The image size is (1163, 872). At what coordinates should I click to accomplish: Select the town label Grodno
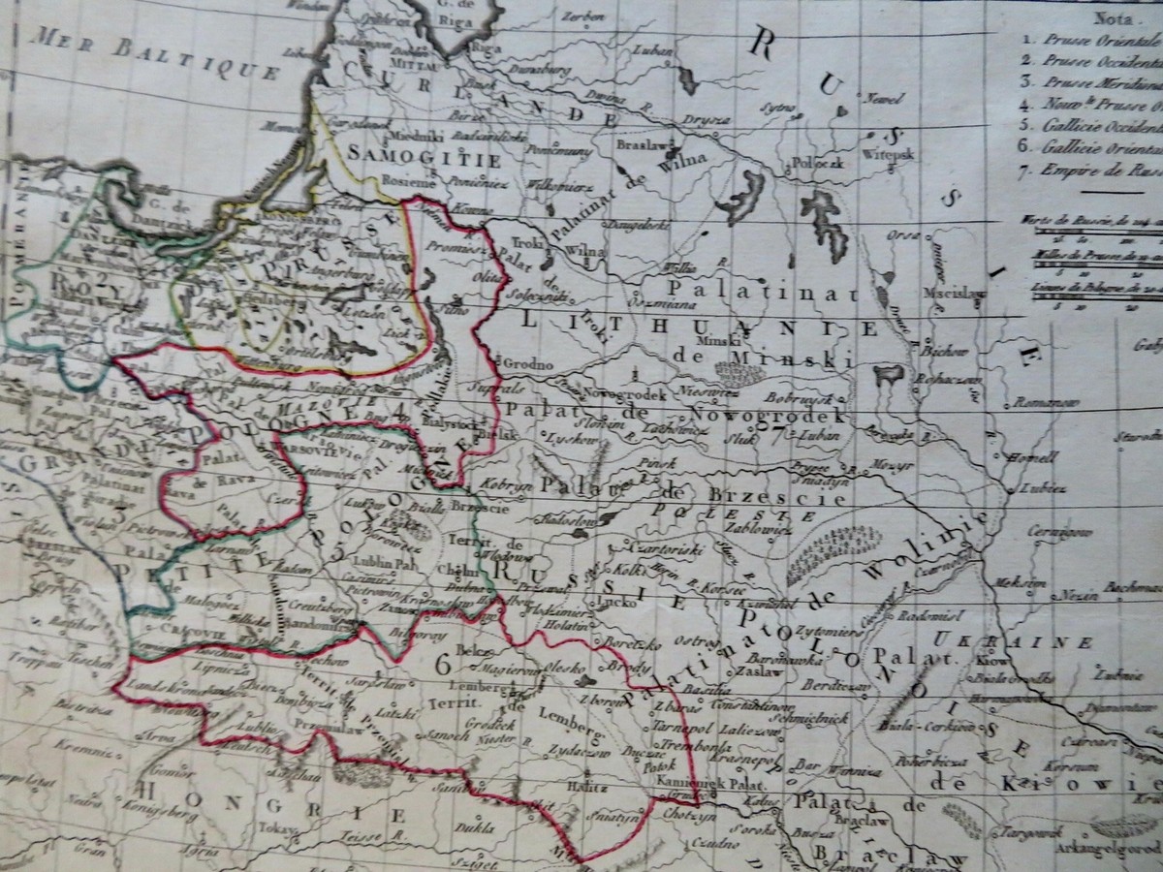(x=528, y=364)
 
